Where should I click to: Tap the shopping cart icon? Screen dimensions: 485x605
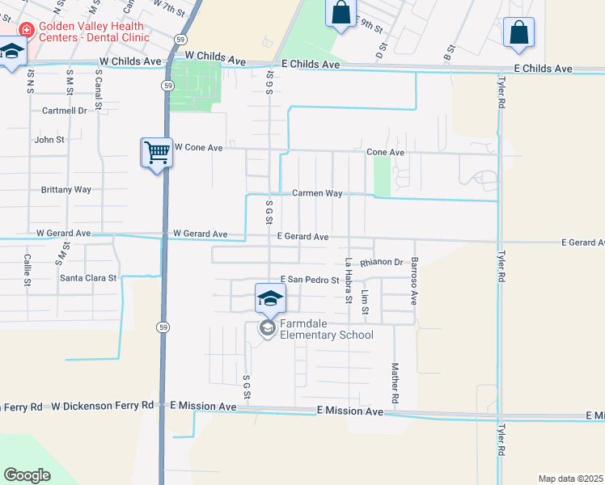(x=156, y=151)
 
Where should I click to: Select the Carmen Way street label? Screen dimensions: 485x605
(x=317, y=194)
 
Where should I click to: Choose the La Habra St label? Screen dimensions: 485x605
(x=349, y=280)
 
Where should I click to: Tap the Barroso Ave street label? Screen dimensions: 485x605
(x=413, y=280)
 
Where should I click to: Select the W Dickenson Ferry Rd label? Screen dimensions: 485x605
(x=102, y=406)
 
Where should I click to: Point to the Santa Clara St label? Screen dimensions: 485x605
(x=88, y=278)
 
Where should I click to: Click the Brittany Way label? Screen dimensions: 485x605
(x=66, y=190)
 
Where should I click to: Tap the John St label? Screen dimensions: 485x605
(x=49, y=140)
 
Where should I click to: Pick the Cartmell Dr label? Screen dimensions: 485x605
(x=65, y=111)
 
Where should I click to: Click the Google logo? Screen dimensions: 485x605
(x=27, y=475)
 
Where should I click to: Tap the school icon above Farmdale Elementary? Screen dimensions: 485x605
(x=270, y=297)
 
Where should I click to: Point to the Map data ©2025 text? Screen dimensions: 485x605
(x=570, y=479)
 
